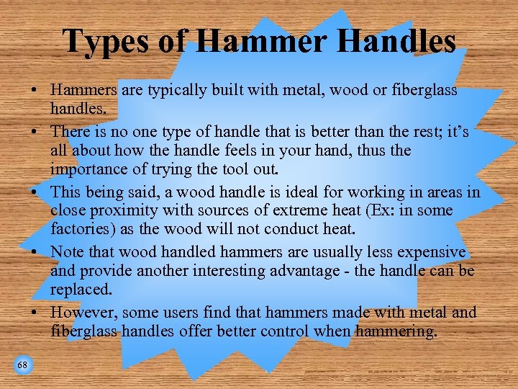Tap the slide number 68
[x=22, y=365]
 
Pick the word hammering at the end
[x=396, y=331]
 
